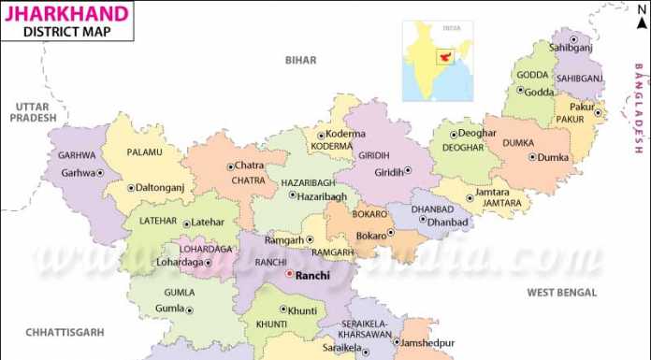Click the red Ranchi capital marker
click(x=289, y=276)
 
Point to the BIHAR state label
click(x=301, y=60)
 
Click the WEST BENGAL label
click(x=561, y=293)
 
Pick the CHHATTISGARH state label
click(x=65, y=332)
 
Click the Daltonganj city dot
click(x=130, y=188)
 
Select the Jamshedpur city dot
click(x=395, y=343)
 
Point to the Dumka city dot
click(x=532, y=157)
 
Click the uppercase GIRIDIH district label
click(x=373, y=155)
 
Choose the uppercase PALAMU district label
click(x=144, y=151)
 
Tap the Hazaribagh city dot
click(x=292, y=196)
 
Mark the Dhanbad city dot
click(x=421, y=223)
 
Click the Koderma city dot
click(x=320, y=136)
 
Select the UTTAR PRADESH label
click(x=30, y=113)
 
